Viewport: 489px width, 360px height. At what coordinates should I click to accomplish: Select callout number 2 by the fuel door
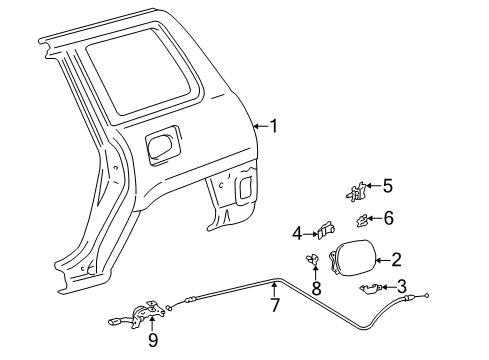tap(397, 260)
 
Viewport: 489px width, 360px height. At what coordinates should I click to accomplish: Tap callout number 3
tap(401, 286)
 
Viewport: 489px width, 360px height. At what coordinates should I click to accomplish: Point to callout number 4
tap(297, 233)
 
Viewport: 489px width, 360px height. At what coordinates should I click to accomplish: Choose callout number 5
tap(388, 184)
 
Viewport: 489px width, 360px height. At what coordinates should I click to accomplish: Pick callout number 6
tap(389, 217)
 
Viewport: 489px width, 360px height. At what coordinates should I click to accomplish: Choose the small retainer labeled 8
tap(315, 262)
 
